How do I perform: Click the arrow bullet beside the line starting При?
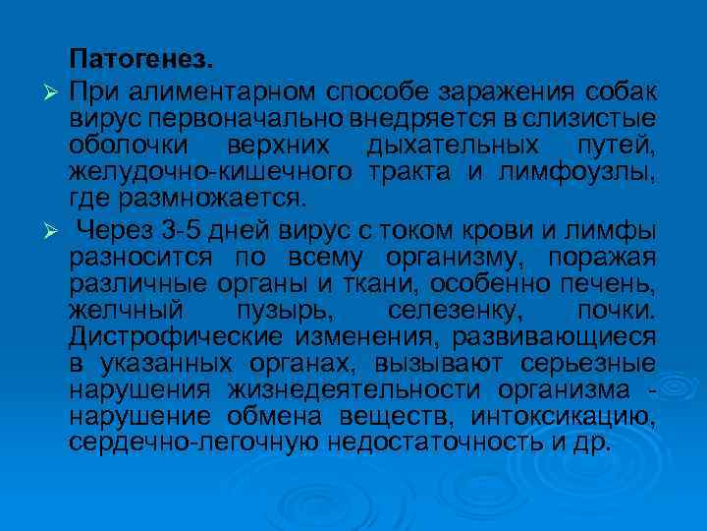click(x=53, y=91)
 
